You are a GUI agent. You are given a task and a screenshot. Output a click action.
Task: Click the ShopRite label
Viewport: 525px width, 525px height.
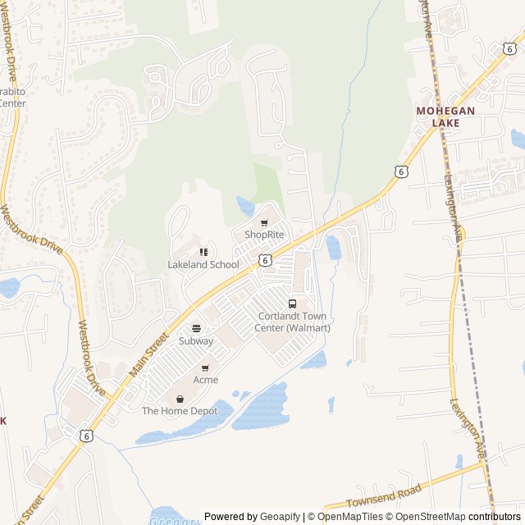pyautogui.click(x=264, y=235)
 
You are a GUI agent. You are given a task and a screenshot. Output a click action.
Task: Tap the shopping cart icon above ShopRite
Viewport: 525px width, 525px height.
pyautogui.click(x=264, y=223)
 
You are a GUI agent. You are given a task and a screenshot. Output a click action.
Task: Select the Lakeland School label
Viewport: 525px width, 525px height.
pyautogui.click(x=203, y=265)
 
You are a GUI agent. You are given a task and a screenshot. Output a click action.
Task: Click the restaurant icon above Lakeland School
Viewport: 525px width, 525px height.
pyautogui.click(x=203, y=252)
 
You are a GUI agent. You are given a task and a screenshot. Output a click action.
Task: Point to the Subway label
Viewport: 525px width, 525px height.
pyautogui.click(x=196, y=341)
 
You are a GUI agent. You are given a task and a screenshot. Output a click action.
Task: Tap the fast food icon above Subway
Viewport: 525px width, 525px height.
pyautogui.click(x=196, y=329)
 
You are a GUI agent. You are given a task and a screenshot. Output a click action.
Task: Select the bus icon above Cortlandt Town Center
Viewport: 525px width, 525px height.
pyautogui.click(x=292, y=304)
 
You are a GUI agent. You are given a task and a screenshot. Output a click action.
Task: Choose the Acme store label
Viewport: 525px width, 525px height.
pyautogui.click(x=206, y=380)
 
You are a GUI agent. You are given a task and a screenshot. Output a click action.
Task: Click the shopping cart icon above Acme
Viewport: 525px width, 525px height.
pyautogui.click(x=205, y=368)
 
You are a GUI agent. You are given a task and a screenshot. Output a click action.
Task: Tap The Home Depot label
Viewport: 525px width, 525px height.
pyautogui.click(x=180, y=411)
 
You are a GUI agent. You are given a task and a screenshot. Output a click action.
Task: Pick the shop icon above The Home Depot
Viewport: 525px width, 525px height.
pyautogui.click(x=180, y=399)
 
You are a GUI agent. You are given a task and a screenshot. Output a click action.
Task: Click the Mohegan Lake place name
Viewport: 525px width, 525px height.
pyautogui.click(x=449, y=116)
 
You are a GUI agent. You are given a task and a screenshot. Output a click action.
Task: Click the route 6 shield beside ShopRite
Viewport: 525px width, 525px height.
pyautogui.click(x=264, y=259)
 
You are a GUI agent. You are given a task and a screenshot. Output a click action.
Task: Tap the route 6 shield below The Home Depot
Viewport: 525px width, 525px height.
pyautogui.click(x=86, y=436)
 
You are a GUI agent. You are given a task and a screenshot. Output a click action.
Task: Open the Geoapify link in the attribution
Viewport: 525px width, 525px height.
pyautogui.click(x=281, y=517)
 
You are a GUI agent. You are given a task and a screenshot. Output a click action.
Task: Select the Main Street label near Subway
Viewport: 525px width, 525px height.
pyautogui.click(x=148, y=355)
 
